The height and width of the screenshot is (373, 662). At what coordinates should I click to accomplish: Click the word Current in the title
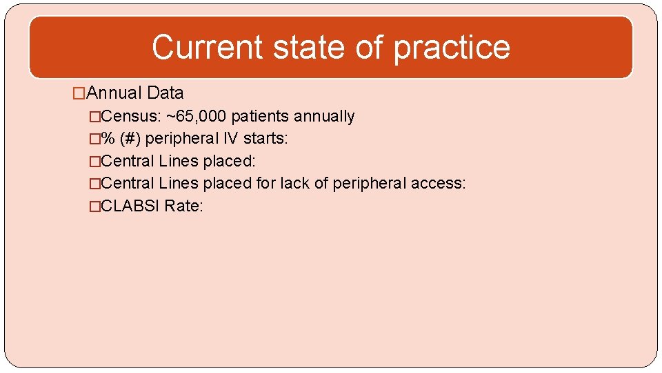(x=207, y=47)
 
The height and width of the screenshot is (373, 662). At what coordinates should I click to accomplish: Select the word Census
(x=130, y=116)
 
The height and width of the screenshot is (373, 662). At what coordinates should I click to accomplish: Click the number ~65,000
(x=197, y=116)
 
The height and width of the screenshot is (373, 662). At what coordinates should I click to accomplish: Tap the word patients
(x=262, y=116)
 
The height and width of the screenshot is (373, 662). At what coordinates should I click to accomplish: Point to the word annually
(x=325, y=117)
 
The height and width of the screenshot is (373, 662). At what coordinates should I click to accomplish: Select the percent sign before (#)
(x=108, y=139)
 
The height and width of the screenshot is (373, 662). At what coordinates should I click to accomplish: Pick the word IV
(x=230, y=139)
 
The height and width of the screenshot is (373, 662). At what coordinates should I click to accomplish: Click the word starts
(x=265, y=139)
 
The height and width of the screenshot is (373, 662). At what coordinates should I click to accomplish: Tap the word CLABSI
(x=130, y=206)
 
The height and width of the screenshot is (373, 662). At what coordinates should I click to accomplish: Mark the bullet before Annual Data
(x=80, y=93)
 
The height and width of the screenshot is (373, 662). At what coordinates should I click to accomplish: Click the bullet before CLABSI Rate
(x=95, y=206)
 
